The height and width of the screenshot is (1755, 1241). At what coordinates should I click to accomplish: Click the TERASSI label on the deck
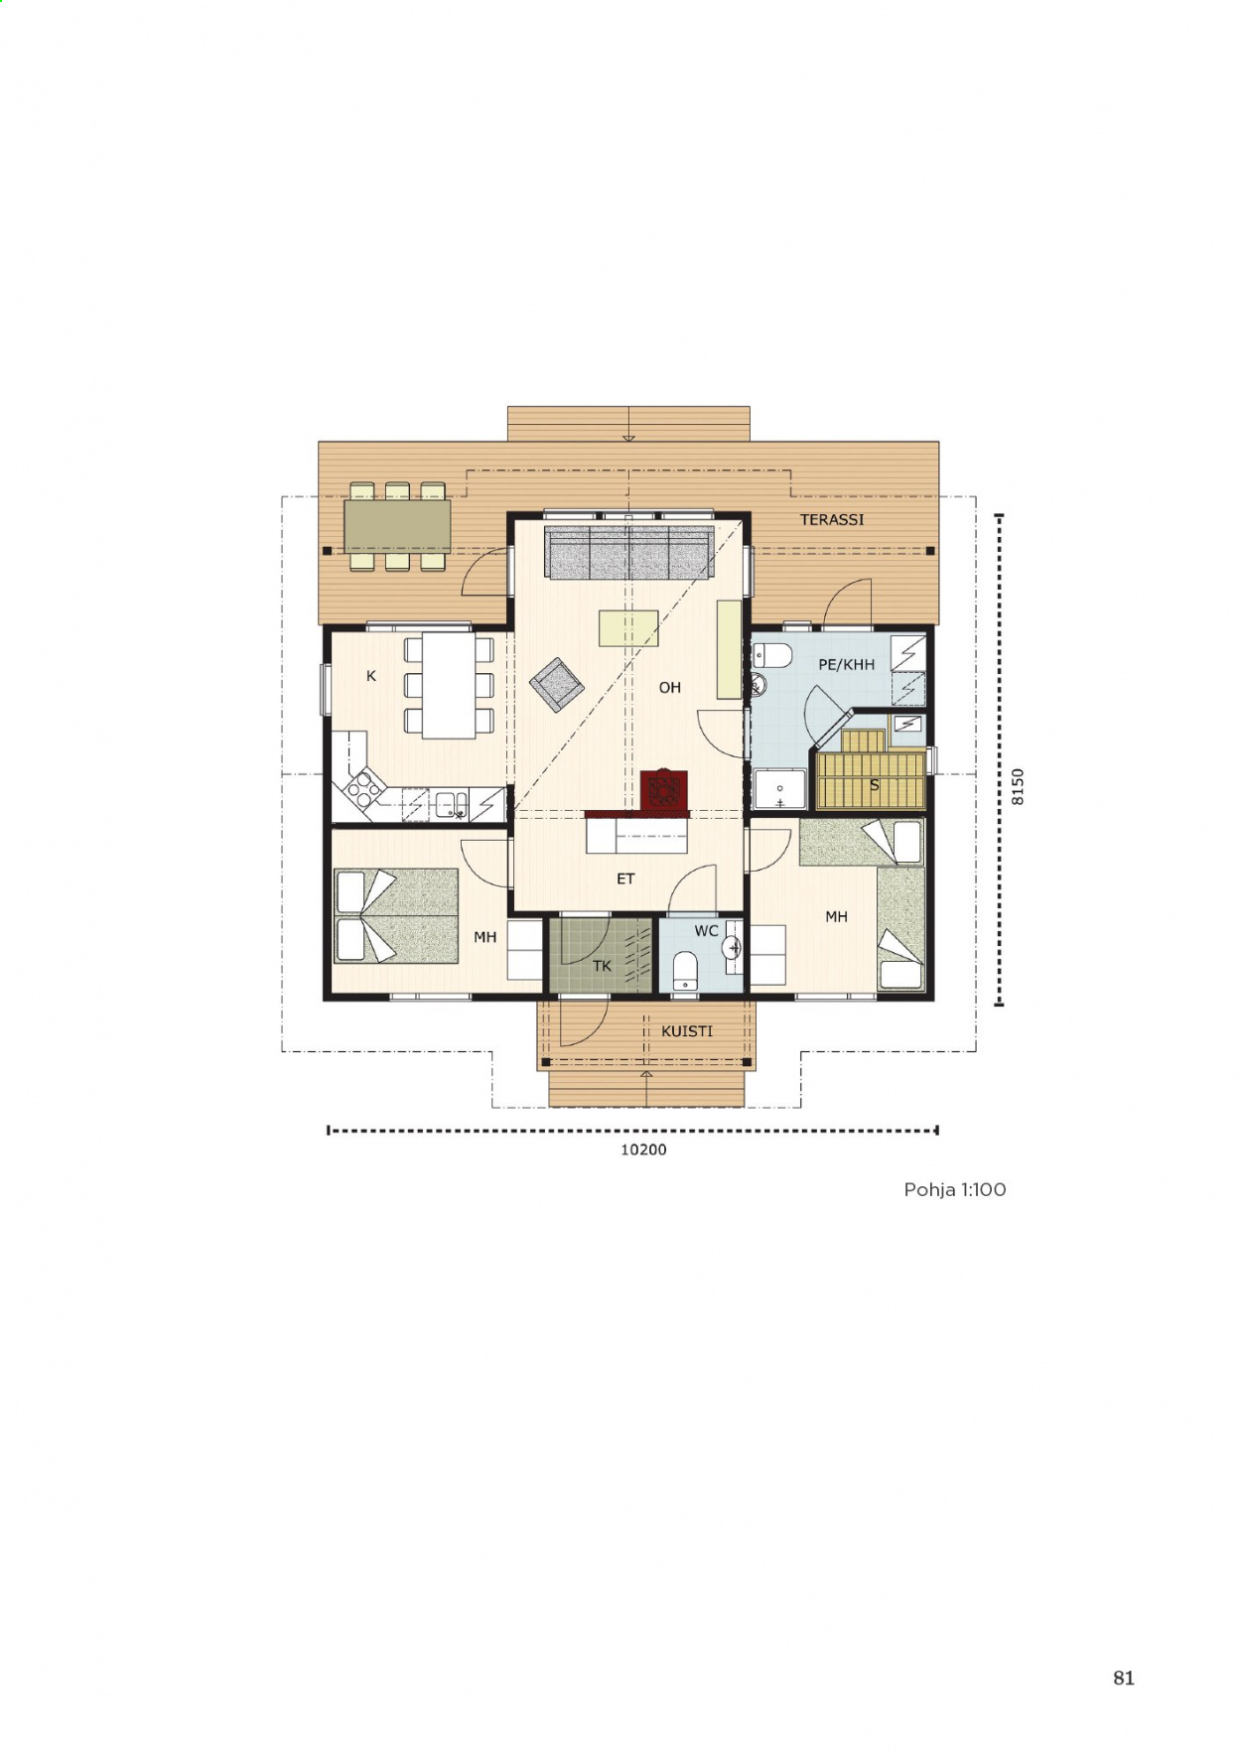pos(832,519)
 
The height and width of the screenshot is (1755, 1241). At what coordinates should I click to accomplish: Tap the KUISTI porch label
pos(687,1031)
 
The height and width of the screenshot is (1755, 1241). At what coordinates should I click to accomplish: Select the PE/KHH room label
pos(847,665)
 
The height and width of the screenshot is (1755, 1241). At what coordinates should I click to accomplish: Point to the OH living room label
pos(670,687)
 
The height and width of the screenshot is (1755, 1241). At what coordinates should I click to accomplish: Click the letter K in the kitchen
pos(371,676)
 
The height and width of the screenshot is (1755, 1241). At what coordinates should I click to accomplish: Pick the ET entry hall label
pos(625,878)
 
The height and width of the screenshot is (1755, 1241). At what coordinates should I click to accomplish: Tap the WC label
pos(706,931)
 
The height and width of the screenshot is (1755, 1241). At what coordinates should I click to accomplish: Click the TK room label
pos(602,966)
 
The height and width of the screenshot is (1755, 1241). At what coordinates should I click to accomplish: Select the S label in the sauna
pos(875,785)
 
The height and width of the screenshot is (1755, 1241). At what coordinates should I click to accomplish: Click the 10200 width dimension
pos(643,1149)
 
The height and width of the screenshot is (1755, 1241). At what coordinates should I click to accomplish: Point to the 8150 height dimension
pos(1017,786)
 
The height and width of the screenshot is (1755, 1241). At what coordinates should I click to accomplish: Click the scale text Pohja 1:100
pos(955,1189)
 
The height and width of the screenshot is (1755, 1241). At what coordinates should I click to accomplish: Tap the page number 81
pos(1124,1678)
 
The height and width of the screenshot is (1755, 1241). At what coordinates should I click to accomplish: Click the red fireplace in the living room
pos(663,791)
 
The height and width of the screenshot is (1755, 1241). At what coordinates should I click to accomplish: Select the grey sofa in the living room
pos(629,553)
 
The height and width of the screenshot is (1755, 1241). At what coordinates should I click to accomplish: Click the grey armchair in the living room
pos(556,684)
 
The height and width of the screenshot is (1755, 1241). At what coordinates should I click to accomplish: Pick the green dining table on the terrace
pos(397,526)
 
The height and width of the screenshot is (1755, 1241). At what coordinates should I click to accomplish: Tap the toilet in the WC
pos(685,972)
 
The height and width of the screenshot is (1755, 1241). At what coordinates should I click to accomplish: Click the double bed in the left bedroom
pos(396,916)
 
